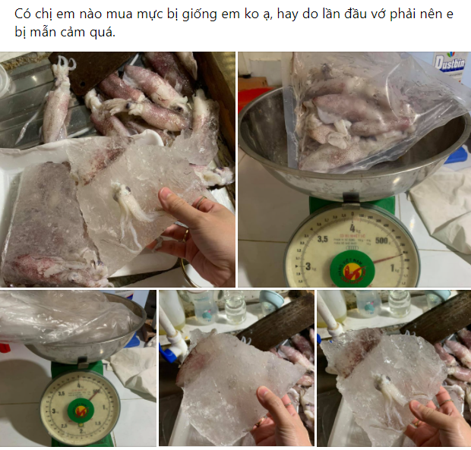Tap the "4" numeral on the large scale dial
pos(352,225)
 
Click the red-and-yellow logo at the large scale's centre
pos(349,266)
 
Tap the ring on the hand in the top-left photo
pos(185,231)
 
